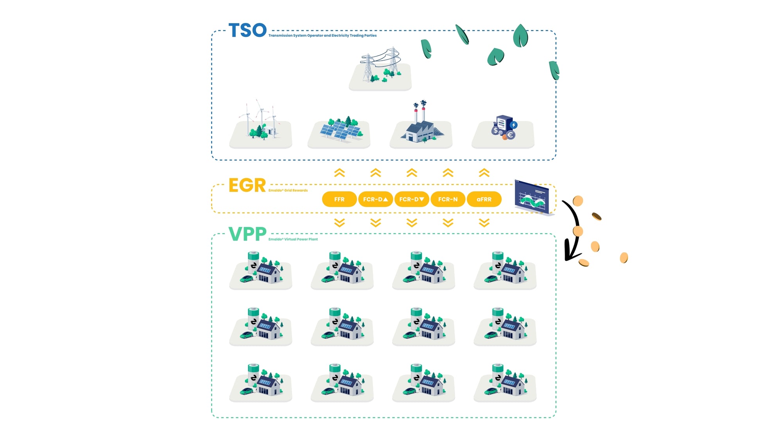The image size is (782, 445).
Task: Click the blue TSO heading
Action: (x=248, y=31)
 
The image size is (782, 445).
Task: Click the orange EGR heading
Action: (x=247, y=185)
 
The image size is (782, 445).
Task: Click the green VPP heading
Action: (x=248, y=234)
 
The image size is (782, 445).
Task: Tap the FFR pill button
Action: (x=339, y=199)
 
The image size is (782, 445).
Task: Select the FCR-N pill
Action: (x=448, y=199)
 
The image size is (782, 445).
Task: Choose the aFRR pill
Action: (x=484, y=199)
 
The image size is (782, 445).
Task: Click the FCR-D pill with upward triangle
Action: (x=375, y=199)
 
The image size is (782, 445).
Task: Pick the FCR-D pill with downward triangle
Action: (x=412, y=199)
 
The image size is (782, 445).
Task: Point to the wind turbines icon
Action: (x=260, y=121)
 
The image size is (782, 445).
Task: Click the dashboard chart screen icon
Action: (x=533, y=197)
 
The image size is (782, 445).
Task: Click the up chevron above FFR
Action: (x=339, y=173)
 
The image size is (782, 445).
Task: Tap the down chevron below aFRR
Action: (x=484, y=223)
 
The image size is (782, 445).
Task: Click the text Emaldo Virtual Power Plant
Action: (x=293, y=239)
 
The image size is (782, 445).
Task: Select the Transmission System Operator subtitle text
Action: (x=322, y=36)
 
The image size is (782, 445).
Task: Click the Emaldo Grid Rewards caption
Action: (x=288, y=190)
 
